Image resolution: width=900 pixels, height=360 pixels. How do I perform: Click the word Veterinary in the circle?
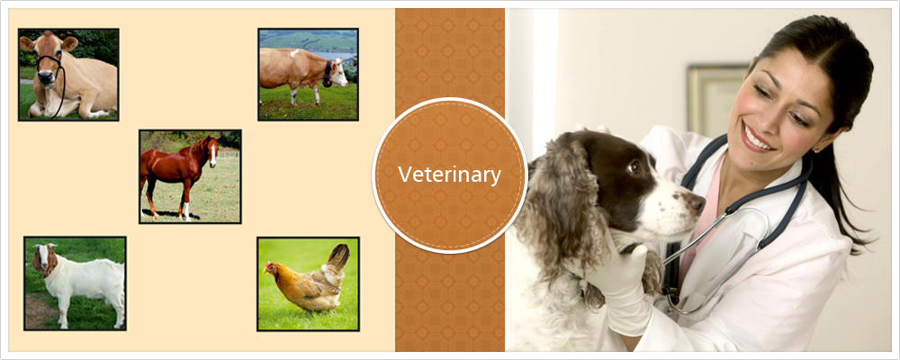449,175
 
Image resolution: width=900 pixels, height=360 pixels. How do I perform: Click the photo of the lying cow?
68,75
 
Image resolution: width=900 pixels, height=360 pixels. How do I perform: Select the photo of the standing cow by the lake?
308,75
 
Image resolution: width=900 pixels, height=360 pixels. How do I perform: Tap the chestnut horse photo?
190,176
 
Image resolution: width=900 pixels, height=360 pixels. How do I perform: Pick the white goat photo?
75,283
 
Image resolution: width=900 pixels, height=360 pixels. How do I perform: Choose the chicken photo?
308,283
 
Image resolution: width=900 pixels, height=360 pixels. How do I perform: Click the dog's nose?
697,203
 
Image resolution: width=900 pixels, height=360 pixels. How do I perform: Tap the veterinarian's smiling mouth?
757,139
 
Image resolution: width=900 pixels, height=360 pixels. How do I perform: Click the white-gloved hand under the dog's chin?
623,275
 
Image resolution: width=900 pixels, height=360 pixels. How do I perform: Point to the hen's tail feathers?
337,257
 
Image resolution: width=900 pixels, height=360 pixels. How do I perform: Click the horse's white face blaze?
213,153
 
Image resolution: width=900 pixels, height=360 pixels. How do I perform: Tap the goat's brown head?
42,258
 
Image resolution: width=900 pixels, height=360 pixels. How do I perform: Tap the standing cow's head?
337,73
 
